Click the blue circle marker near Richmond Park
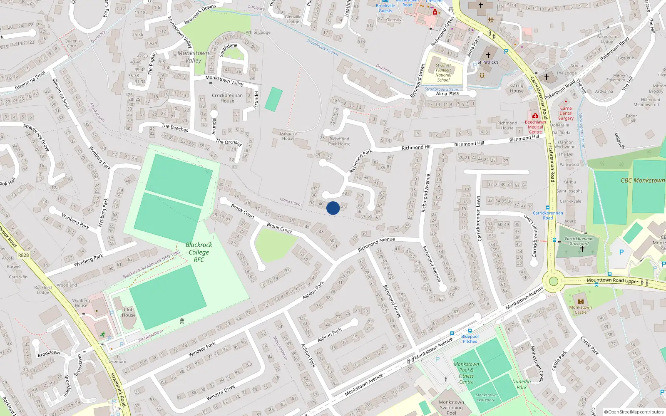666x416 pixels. click(x=333, y=208)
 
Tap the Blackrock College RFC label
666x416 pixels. click(x=199, y=252)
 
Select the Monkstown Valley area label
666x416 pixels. click(x=193, y=57)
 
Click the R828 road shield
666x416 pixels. click(x=24, y=255)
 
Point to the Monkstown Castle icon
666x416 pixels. click(x=581, y=301)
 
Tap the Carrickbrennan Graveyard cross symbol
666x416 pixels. click(x=582, y=249)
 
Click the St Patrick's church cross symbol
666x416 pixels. click(x=488, y=55)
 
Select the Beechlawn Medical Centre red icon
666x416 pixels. click(x=535, y=116)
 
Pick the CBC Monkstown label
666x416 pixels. click(x=643, y=180)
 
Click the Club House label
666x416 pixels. click(x=129, y=312)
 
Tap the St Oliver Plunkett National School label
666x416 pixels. click(x=443, y=72)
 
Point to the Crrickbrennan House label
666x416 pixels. click(x=227, y=98)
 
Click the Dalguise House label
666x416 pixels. click(x=288, y=136)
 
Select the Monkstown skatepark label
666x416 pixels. click(x=486, y=397)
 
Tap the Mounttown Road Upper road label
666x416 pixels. click(x=612, y=281)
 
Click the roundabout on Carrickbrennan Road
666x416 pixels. click(x=553, y=281)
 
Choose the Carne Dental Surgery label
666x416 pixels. click(x=566, y=113)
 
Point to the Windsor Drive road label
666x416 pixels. click(x=221, y=393)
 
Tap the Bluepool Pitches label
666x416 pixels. click(x=470, y=339)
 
